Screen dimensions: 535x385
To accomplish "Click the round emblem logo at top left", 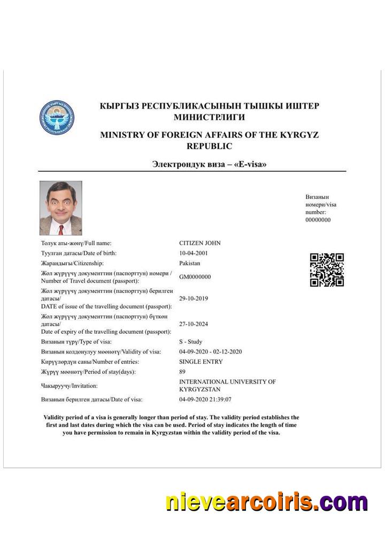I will click(x=57, y=117).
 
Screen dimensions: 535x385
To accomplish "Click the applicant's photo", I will click(x=61, y=208).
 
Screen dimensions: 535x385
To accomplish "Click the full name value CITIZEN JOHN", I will click(x=199, y=243).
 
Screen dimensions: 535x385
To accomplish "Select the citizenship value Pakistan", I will click(x=190, y=263).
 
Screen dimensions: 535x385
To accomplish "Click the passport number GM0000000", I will click(x=195, y=277).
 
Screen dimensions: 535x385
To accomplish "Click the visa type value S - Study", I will click(x=191, y=342).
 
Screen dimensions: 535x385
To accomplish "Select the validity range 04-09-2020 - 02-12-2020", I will click(x=211, y=352).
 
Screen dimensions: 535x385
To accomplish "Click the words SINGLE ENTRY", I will click(x=201, y=362).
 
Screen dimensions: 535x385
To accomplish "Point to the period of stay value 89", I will click(x=182, y=372).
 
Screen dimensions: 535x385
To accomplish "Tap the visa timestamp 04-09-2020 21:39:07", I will click(x=205, y=400).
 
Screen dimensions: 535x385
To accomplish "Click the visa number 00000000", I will click(x=318, y=220).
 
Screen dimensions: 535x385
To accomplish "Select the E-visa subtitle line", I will click(x=209, y=164).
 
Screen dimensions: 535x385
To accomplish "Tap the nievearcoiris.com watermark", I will click(x=266, y=503).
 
